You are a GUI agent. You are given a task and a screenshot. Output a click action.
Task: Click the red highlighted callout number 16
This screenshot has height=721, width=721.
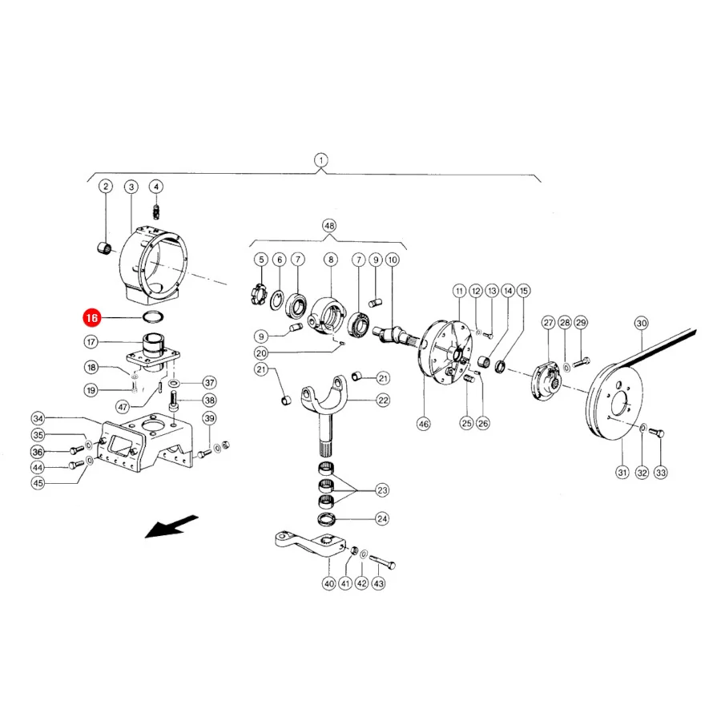point(91,318)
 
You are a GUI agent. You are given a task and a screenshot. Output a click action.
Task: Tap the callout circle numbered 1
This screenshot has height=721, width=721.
point(321,160)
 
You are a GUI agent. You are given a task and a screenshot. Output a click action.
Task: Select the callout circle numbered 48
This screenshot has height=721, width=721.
point(329,226)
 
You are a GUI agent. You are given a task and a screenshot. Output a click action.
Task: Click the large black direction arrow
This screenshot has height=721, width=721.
point(171,526)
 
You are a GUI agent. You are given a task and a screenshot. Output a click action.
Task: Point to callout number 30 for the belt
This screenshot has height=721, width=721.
point(642,324)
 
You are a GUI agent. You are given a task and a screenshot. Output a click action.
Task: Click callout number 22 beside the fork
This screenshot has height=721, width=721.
point(383,401)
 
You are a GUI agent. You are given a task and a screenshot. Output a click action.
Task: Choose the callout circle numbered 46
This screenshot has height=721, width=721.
point(424,424)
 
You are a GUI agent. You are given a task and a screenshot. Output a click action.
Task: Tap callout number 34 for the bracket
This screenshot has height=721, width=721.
point(38,418)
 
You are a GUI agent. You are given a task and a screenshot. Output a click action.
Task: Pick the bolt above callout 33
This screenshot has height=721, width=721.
point(656,432)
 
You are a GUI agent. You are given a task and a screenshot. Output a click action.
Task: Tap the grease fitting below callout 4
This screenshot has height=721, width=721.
point(157,212)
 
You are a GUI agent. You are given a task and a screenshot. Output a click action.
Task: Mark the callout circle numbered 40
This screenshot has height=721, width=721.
point(329,583)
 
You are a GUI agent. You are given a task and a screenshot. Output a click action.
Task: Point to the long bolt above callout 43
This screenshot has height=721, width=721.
point(382,561)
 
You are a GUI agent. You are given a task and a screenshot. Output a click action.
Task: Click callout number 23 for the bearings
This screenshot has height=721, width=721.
point(383,490)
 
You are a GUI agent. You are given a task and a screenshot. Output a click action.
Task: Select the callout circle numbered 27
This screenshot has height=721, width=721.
point(549,322)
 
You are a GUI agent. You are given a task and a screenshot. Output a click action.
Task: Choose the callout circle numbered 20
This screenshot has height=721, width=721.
point(261,353)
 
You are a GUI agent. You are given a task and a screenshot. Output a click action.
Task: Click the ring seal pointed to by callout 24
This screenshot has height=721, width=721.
point(327,520)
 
